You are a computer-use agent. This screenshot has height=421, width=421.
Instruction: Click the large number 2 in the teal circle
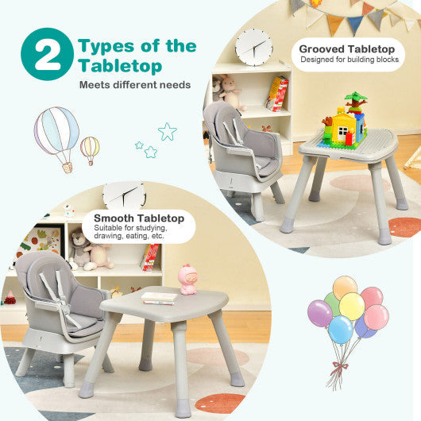tap(48, 54)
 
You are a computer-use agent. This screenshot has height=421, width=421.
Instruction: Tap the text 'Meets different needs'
tap(134, 84)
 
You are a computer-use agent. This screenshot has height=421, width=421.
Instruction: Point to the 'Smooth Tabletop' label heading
tap(139, 218)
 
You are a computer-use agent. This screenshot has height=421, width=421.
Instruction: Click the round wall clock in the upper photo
tap(253, 47)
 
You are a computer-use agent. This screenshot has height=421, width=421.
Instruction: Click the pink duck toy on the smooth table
tap(187, 280)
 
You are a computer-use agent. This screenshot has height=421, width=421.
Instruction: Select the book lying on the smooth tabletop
tap(159, 297)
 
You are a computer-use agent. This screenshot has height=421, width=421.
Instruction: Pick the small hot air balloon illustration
tap(90, 149)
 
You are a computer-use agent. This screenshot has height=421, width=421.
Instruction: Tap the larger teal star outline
tap(167, 131)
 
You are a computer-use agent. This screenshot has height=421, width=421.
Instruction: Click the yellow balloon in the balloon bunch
tap(351, 306)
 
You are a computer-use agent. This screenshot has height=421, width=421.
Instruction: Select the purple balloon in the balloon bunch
tap(320, 313)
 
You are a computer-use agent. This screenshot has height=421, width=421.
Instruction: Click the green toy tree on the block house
tap(355, 102)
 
